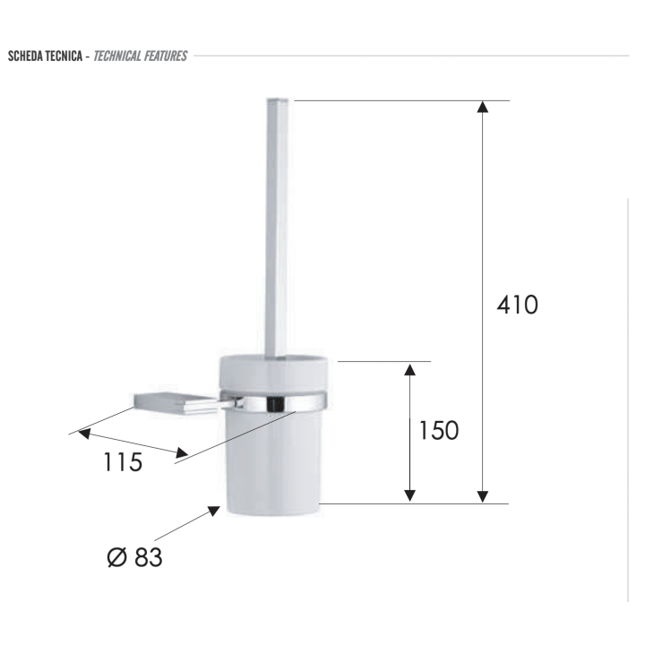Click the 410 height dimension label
517,305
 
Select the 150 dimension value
438,431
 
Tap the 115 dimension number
123,461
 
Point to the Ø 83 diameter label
134,557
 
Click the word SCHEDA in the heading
25,56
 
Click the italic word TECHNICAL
117,56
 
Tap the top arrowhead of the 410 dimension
483,107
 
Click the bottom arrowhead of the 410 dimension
483,496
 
